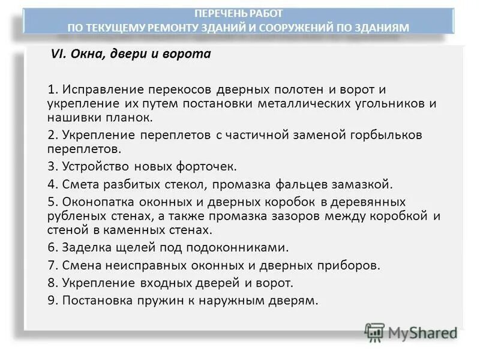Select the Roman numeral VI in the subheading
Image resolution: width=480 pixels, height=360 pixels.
coord(57,55)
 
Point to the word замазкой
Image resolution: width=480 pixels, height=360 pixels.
coord(366,184)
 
